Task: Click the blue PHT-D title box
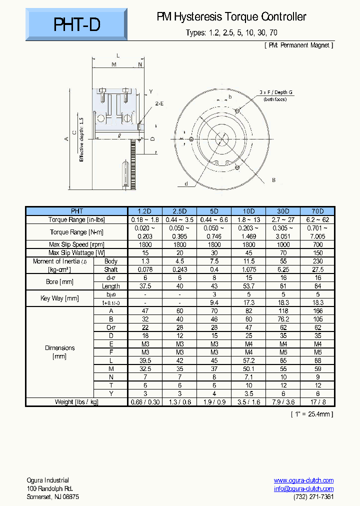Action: click(x=76, y=24)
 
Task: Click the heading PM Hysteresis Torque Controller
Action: click(x=231, y=17)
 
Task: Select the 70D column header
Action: click(x=317, y=211)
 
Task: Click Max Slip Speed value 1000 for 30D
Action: click(x=282, y=244)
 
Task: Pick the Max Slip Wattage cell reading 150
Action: click(x=317, y=253)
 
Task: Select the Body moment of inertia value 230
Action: click(x=317, y=261)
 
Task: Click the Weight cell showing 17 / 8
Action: click(x=317, y=402)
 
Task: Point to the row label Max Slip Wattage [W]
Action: click(x=76, y=253)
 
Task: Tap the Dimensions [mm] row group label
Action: click(x=60, y=352)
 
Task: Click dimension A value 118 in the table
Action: click(x=282, y=310)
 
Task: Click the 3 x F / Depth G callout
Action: click(x=276, y=92)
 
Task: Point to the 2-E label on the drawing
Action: click(x=159, y=103)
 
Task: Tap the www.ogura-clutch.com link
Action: click(x=303, y=480)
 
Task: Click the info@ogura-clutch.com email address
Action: click(x=303, y=488)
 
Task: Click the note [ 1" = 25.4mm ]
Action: click(x=311, y=414)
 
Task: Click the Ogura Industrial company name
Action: click(x=48, y=480)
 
